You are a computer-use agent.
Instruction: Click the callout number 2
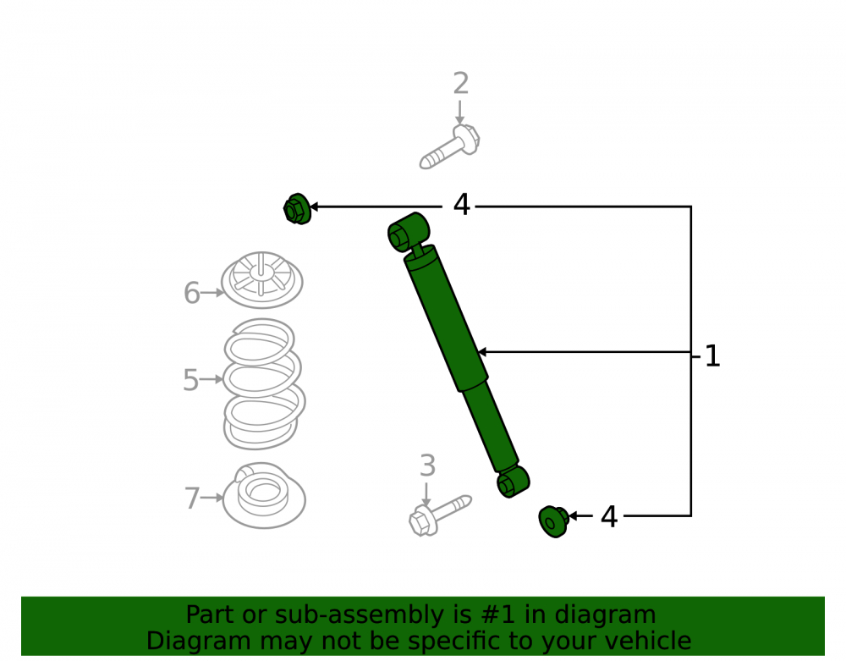461,84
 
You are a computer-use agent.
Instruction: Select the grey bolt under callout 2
449,146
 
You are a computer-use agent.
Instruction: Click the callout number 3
427,465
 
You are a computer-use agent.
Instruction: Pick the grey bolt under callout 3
440,515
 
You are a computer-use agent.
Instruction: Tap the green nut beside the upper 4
297,209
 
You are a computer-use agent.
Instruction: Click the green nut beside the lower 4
553,522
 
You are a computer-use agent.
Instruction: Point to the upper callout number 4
462,205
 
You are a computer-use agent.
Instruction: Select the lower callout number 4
609,517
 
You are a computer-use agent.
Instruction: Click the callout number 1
712,356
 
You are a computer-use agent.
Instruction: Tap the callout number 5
191,380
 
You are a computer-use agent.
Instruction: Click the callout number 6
192,293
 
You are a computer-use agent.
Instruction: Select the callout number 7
192,498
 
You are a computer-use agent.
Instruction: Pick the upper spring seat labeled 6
261,280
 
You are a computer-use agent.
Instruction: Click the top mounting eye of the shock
409,232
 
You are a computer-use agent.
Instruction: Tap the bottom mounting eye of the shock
514,482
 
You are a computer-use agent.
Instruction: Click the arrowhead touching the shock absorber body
482,352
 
